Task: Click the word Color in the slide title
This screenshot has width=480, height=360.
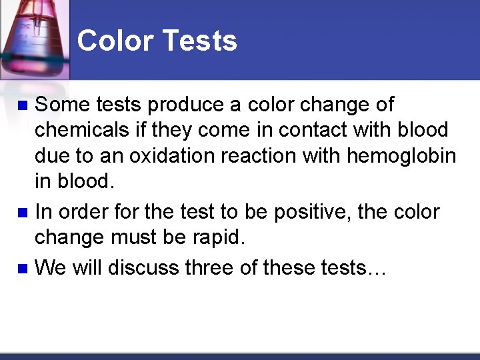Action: pos(115,41)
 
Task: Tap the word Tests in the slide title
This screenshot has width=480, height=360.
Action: pos(199,41)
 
